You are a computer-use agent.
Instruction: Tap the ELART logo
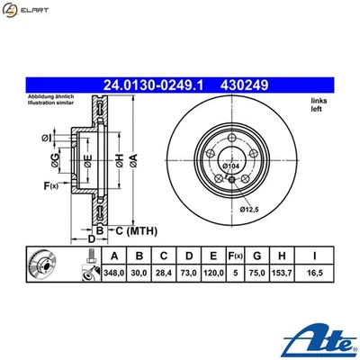[28, 12]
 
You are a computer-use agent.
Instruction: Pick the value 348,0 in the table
[112, 272]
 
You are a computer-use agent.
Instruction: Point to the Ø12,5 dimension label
[251, 211]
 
